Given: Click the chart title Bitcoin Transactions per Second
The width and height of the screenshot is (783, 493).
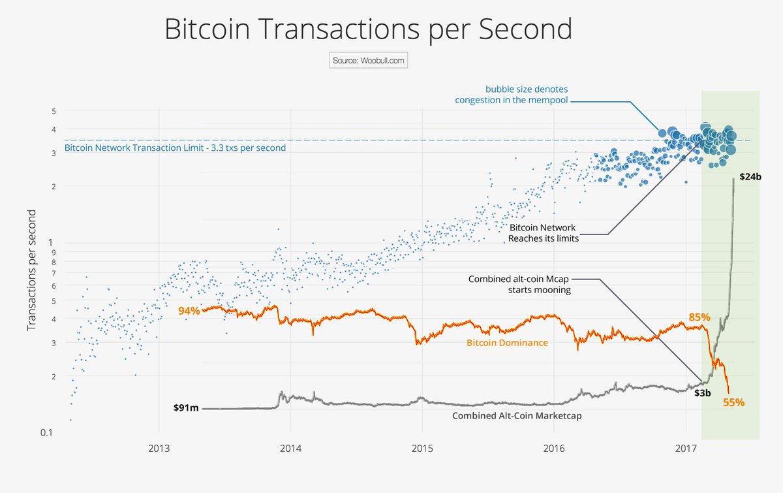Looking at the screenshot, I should point(368,29).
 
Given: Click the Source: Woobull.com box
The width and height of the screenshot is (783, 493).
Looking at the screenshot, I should point(368,61).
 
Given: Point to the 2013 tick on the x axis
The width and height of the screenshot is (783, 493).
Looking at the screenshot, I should point(159,450).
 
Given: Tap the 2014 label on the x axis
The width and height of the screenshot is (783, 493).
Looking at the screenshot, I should point(291,450).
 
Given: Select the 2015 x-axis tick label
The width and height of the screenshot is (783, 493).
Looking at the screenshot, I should point(423,450).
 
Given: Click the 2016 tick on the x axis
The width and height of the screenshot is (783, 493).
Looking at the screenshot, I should point(554,450).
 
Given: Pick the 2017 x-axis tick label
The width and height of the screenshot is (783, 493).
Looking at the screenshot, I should point(686,450).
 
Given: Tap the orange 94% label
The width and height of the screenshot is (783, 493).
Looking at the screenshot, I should point(189,310).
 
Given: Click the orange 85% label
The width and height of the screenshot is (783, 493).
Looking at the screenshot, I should point(699,317).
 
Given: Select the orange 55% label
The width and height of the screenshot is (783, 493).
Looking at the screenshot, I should point(733,402).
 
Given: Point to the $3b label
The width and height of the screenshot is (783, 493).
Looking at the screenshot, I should point(702,392).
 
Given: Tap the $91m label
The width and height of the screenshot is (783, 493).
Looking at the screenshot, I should point(186,408).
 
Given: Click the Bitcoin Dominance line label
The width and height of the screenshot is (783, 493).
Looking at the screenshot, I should point(507,342).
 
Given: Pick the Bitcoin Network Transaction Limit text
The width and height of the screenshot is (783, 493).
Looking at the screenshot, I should point(175,148).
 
